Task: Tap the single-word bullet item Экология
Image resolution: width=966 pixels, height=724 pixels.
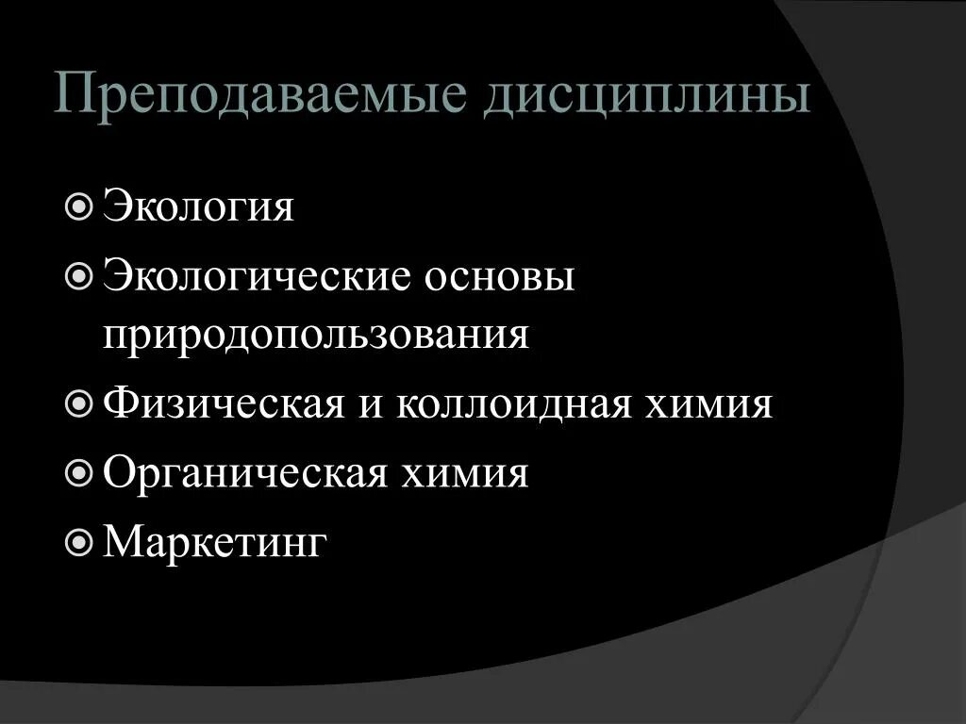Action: [198, 206]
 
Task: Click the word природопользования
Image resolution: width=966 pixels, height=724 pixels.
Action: [316, 335]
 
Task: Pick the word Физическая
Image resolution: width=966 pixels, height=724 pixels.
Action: [223, 404]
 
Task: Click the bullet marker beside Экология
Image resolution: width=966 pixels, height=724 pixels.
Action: [81, 206]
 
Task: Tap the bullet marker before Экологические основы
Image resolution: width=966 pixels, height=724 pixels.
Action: [81, 277]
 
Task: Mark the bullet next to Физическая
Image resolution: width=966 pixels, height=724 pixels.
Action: [81, 404]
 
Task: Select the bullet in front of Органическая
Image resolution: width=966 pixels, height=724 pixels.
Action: [81, 473]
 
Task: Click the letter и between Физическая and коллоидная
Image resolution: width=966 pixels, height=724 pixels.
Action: [369, 406]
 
